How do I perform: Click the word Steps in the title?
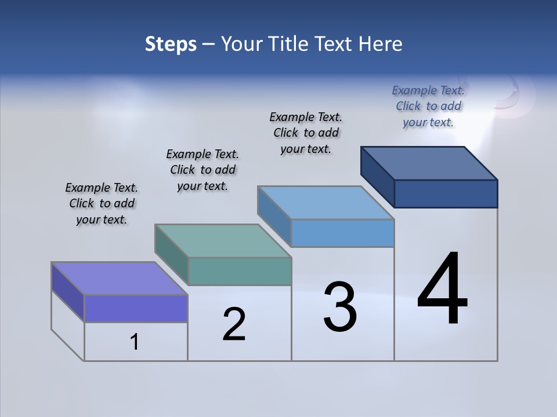point(171,44)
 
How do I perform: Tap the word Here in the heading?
point(380,44)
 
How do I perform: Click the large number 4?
point(442,290)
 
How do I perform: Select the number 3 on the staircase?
point(340,307)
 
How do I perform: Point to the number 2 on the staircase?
point(234,324)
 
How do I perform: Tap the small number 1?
point(135,342)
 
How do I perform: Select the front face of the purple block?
point(136,308)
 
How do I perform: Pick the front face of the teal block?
point(240,271)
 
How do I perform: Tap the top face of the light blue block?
point(325,203)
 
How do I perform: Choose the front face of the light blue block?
point(342,233)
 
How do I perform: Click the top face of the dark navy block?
point(429,163)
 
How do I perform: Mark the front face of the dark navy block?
point(446,193)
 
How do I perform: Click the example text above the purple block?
point(102,203)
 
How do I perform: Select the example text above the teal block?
point(202,170)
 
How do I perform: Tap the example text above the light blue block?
point(306,133)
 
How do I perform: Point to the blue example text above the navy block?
point(428,106)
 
